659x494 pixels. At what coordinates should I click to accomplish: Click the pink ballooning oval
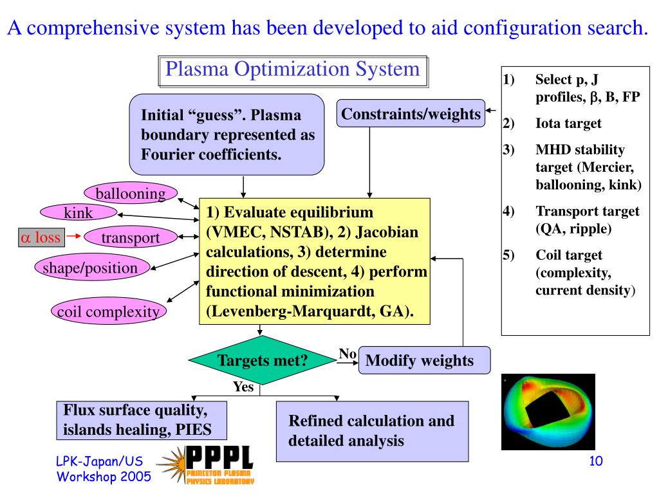(x=131, y=193)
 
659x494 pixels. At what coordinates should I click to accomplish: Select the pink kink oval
(x=79, y=213)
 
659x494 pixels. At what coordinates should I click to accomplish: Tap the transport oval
(x=130, y=237)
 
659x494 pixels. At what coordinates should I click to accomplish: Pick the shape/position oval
(x=91, y=267)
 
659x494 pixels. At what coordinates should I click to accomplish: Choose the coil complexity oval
(x=108, y=312)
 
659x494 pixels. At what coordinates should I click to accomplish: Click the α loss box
(x=41, y=237)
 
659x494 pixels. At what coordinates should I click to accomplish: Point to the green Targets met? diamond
(x=262, y=361)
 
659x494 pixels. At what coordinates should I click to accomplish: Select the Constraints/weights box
(x=411, y=114)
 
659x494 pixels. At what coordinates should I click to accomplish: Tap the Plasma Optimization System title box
(x=293, y=70)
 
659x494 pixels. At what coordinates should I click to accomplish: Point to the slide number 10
(x=595, y=461)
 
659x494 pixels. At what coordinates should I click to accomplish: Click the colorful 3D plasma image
(x=548, y=412)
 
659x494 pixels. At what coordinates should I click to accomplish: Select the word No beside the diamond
(x=348, y=353)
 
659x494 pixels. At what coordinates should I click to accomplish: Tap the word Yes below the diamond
(x=243, y=387)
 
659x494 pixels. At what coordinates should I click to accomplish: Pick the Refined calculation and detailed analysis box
(x=372, y=431)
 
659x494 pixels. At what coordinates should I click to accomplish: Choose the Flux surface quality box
(x=144, y=420)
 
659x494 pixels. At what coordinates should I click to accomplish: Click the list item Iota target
(x=568, y=124)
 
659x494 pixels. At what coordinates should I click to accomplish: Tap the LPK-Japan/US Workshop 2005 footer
(x=103, y=468)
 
